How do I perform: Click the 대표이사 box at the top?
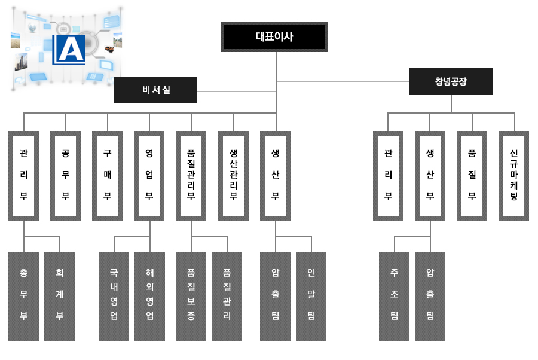click(x=274, y=37)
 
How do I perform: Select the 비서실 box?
click(x=155, y=90)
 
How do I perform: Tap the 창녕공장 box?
click(x=451, y=81)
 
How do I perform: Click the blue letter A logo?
click(x=69, y=49)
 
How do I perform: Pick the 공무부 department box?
click(x=66, y=175)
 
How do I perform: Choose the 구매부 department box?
click(x=108, y=175)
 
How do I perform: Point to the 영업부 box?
click(x=149, y=175)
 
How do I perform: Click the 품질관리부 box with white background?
click(x=191, y=175)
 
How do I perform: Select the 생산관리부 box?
click(x=233, y=175)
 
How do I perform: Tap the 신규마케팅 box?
click(x=513, y=175)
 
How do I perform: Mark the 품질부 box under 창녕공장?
click(x=472, y=175)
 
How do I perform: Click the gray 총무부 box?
click(x=24, y=296)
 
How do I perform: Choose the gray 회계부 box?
click(x=60, y=296)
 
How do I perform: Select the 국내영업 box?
click(x=114, y=296)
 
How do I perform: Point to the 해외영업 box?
click(x=149, y=296)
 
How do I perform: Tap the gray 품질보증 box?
click(x=191, y=296)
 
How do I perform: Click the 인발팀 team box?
click(x=311, y=296)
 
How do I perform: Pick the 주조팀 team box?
click(x=395, y=296)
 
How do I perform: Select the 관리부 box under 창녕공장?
click(x=388, y=175)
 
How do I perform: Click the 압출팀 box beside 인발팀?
click(x=276, y=296)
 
